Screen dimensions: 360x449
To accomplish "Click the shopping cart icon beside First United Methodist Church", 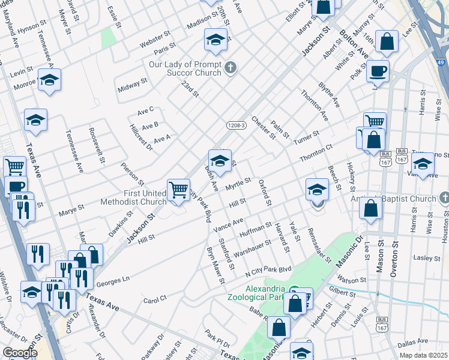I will tap(179, 190).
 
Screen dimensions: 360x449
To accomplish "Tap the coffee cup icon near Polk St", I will tap(378, 71).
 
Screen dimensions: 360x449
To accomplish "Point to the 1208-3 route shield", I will tap(237, 125).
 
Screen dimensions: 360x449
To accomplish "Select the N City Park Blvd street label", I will tap(268, 269).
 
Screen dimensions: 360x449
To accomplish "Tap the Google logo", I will tap(20, 353).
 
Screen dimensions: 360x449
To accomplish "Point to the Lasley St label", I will tap(427, 257).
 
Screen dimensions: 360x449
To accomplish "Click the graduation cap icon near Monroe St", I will tap(49, 79).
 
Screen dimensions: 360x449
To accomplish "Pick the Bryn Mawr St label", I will tap(215, 265).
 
